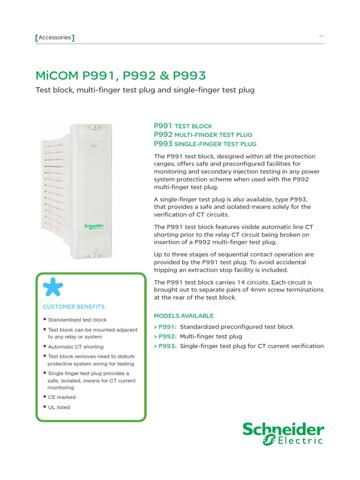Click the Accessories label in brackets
(55, 37)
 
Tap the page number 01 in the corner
(322, 36)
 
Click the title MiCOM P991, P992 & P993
(120, 76)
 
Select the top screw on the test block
(94, 127)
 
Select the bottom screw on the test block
(94, 255)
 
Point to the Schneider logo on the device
(94, 226)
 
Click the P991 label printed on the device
(94, 146)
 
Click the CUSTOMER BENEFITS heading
(74, 307)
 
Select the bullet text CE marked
(61, 397)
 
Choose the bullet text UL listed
(59, 407)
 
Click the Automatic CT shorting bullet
(75, 347)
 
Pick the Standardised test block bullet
(77, 320)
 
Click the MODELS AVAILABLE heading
(184, 315)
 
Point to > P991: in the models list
(165, 327)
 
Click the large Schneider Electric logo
(283, 434)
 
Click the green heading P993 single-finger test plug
(205, 144)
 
